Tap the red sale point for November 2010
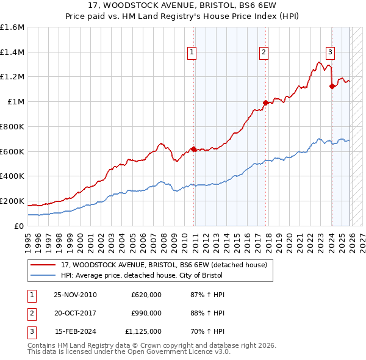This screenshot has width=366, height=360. (x=194, y=148)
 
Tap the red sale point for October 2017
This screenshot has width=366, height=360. (x=265, y=103)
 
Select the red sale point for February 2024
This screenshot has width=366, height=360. (x=332, y=86)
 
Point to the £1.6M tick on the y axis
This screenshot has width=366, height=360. (x=12, y=27)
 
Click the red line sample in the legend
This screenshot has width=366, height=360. (x=43, y=265)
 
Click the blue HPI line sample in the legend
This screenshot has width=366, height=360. (x=43, y=275)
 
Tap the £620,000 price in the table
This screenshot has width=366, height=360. (x=146, y=295)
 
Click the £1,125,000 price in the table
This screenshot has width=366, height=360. (x=143, y=331)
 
